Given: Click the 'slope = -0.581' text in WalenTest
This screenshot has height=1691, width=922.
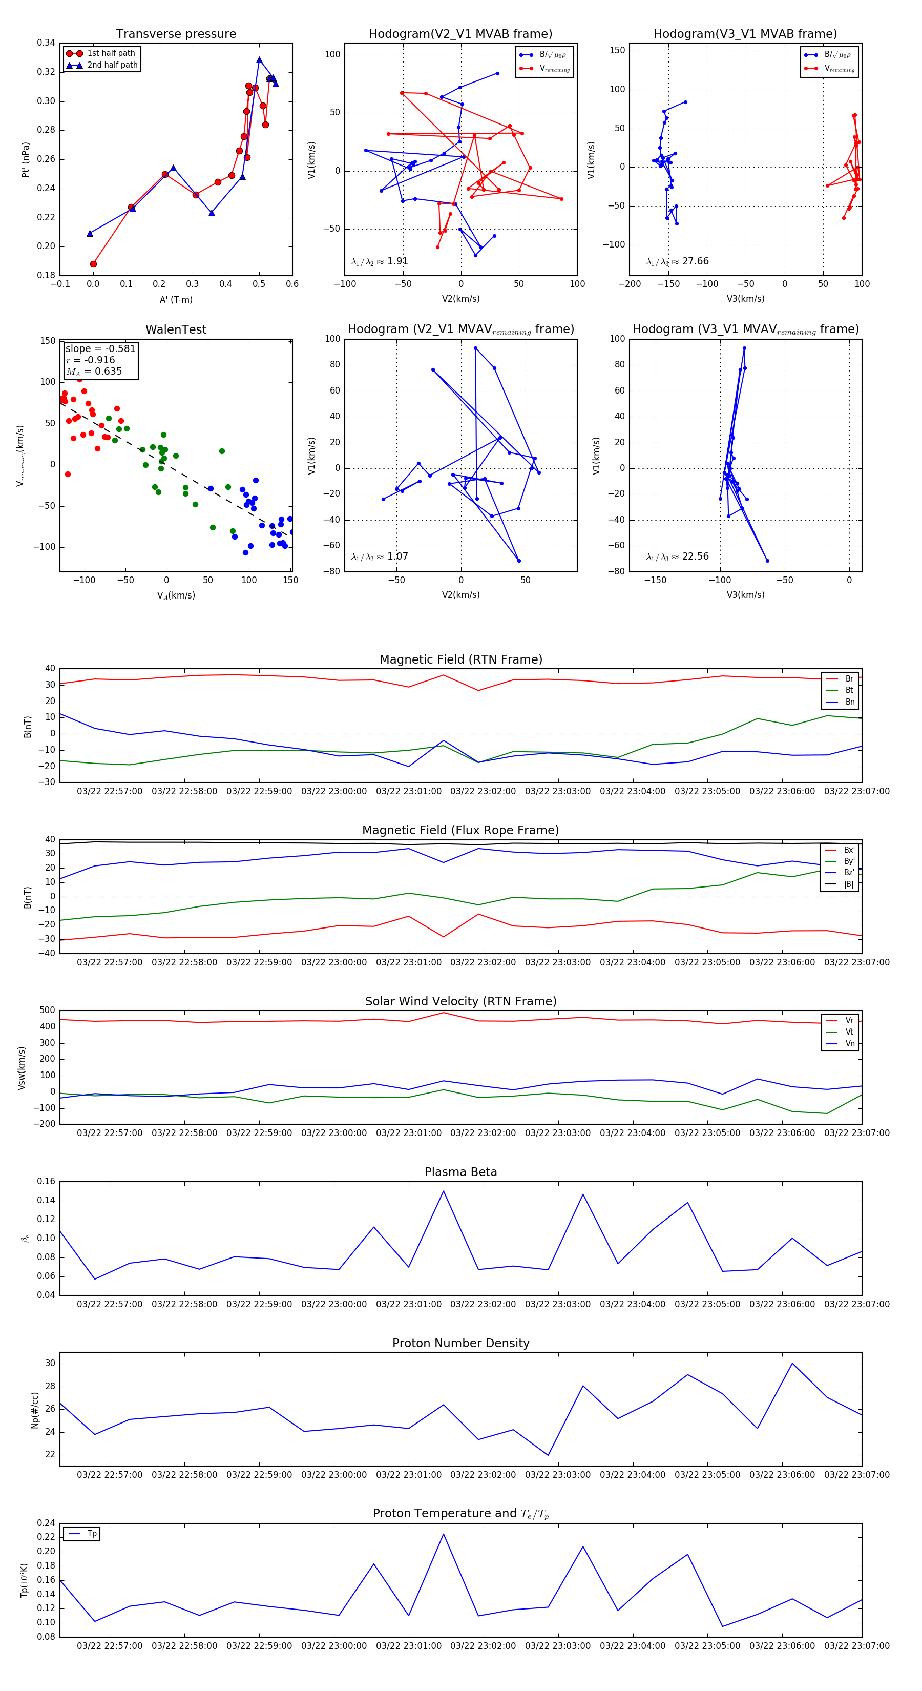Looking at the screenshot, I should pyautogui.click(x=100, y=348).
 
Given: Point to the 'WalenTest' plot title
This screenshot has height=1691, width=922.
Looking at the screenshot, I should pyautogui.click(x=176, y=329).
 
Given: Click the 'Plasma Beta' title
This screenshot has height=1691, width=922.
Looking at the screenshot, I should pyautogui.click(x=460, y=1172).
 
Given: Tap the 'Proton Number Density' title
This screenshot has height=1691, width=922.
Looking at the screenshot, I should pyautogui.click(x=460, y=1343).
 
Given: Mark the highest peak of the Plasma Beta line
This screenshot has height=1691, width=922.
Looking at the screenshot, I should pyautogui.click(x=443, y=1191).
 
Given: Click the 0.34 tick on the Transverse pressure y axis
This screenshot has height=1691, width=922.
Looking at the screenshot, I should pyautogui.click(x=45, y=43).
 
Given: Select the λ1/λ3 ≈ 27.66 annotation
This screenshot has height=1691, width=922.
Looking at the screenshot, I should pyautogui.click(x=677, y=261).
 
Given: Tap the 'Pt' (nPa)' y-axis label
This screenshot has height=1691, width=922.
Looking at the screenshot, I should pyautogui.click(x=25, y=159).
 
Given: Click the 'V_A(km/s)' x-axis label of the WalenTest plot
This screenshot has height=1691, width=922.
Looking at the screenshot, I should pyautogui.click(x=176, y=595).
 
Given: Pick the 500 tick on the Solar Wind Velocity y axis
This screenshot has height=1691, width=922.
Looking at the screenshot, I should pyautogui.click(x=47, y=1011).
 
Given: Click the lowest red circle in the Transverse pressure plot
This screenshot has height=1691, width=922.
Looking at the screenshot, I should pyautogui.click(x=93, y=264).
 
